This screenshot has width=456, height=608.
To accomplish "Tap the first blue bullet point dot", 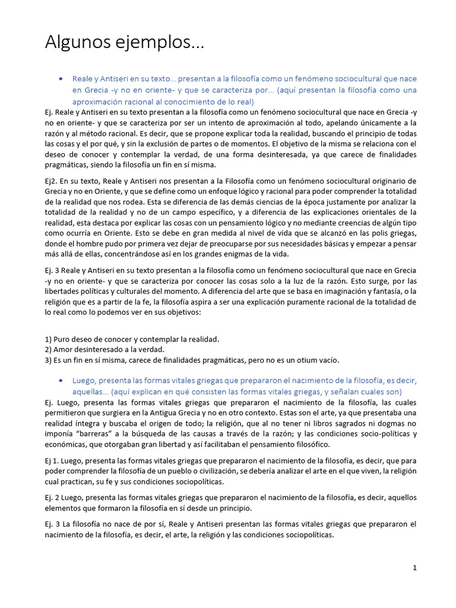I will click(61, 78).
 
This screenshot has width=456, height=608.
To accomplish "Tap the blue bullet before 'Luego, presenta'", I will click(61, 380).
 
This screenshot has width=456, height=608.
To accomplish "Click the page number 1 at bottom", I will click(415, 568).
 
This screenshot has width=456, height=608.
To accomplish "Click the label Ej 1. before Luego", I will click(53, 460).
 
